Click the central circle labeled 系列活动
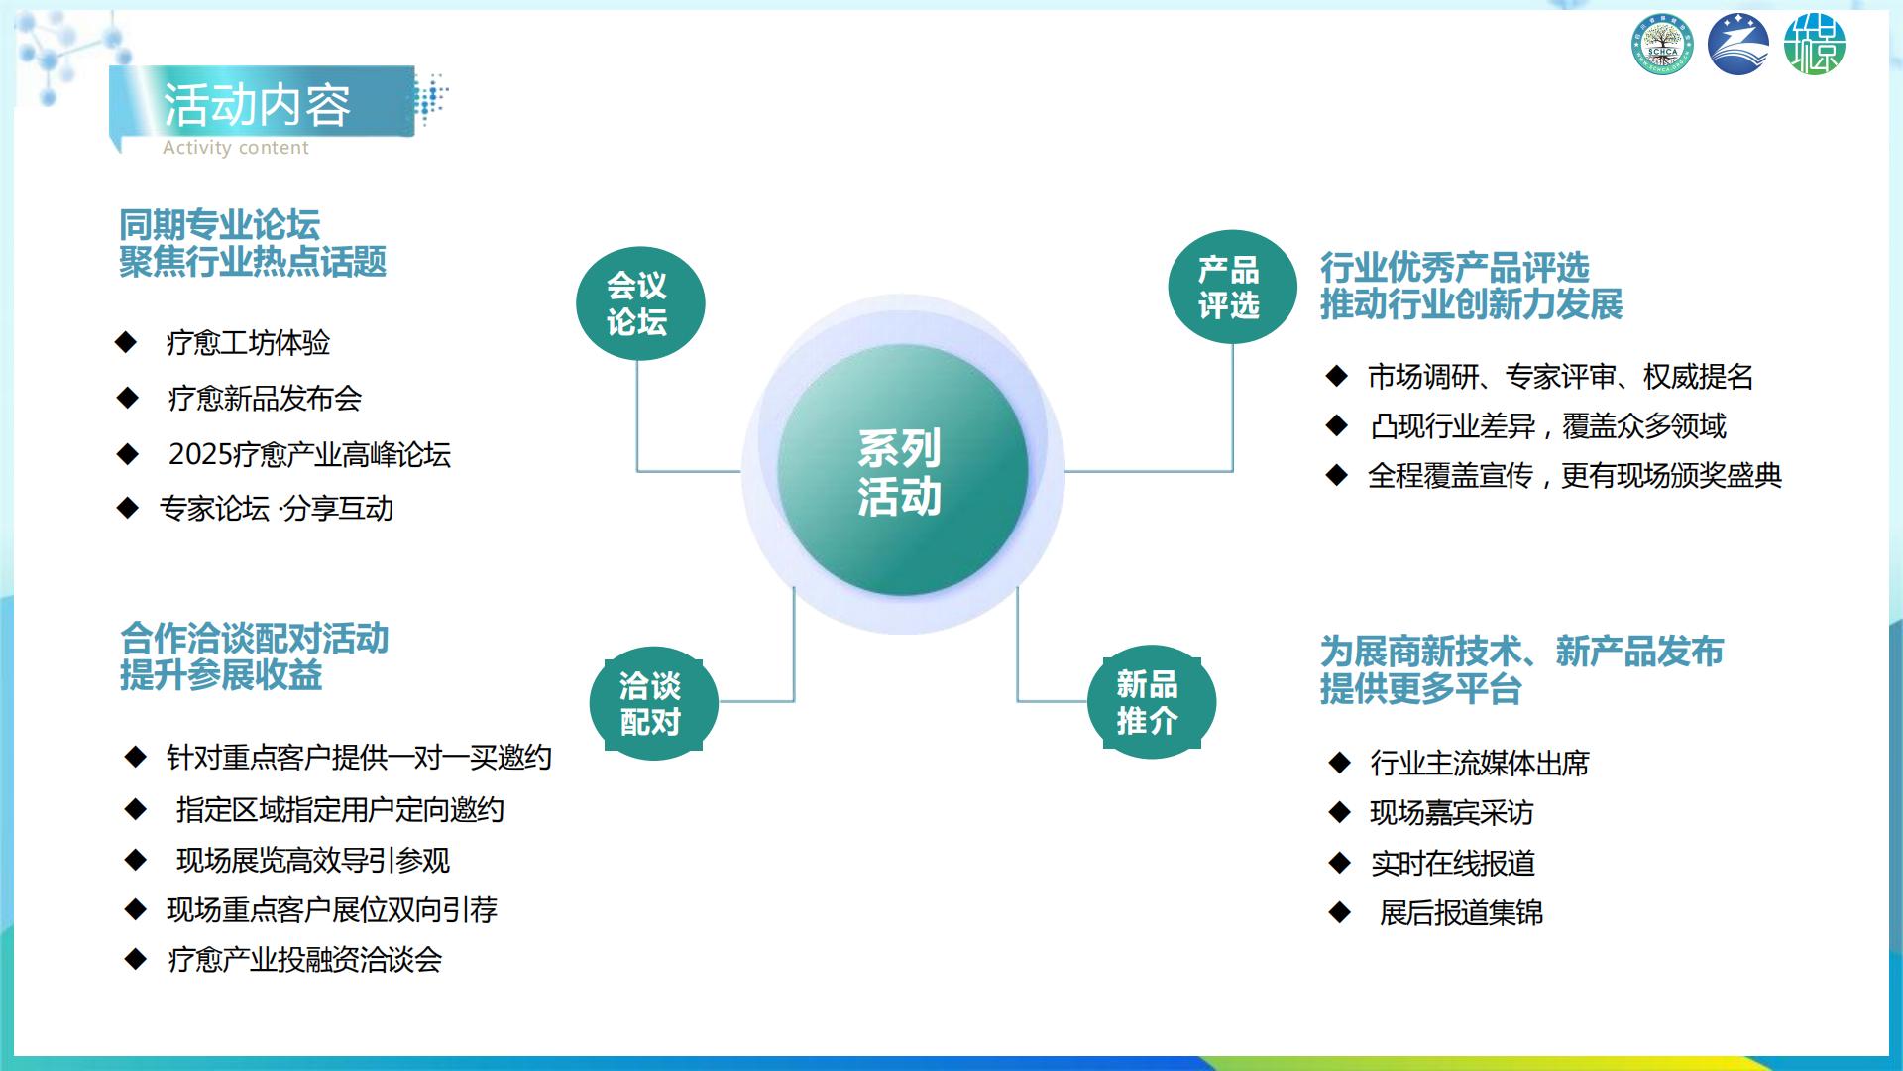click(902, 470)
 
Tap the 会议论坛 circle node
click(640, 303)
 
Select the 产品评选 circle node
click(1232, 287)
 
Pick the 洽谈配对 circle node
click(653, 703)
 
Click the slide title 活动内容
click(257, 105)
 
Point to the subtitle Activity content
click(236, 148)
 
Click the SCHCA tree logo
click(1662, 46)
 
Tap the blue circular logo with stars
click(1738, 45)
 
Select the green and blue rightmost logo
click(1815, 45)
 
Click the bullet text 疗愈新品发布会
click(265, 399)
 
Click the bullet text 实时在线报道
click(1453, 863)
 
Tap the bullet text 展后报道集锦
click(1462, 912)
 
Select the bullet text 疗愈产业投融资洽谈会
click(305, 959)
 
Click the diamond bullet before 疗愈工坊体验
click(126, 342)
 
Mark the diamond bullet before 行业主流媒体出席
click(1339, 763)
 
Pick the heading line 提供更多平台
click(1420, 688)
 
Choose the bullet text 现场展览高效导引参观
click(313, 860)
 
